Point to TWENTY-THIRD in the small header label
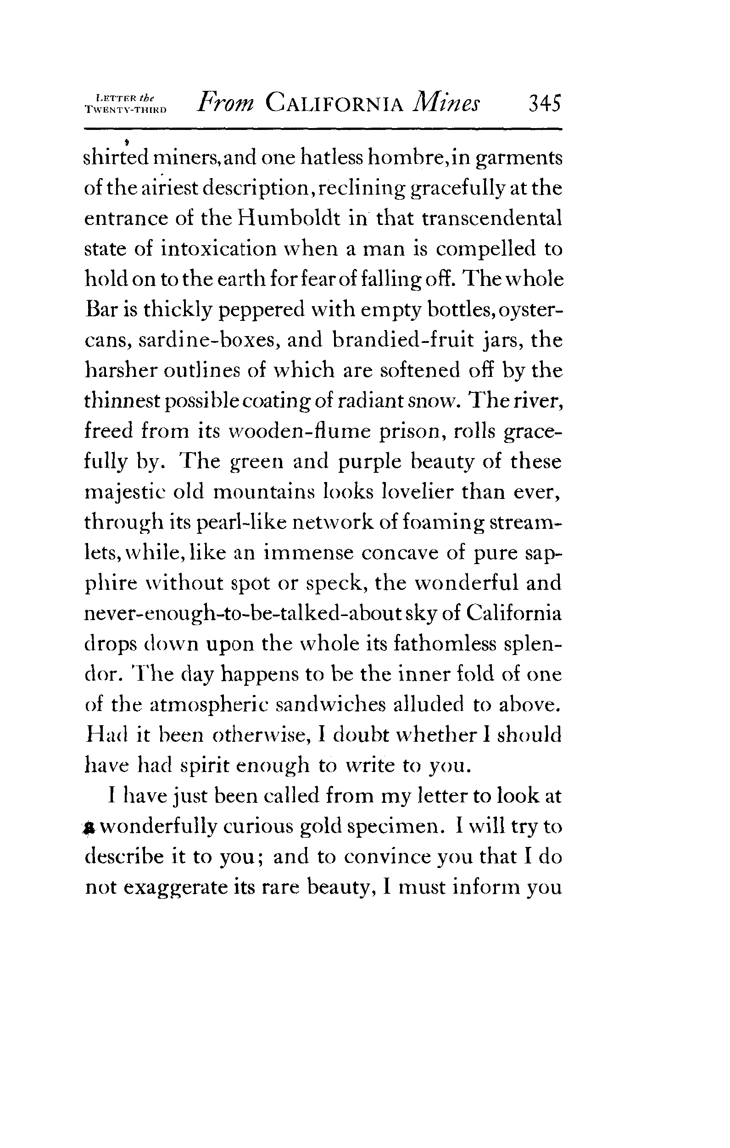click(x=125, y=109)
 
